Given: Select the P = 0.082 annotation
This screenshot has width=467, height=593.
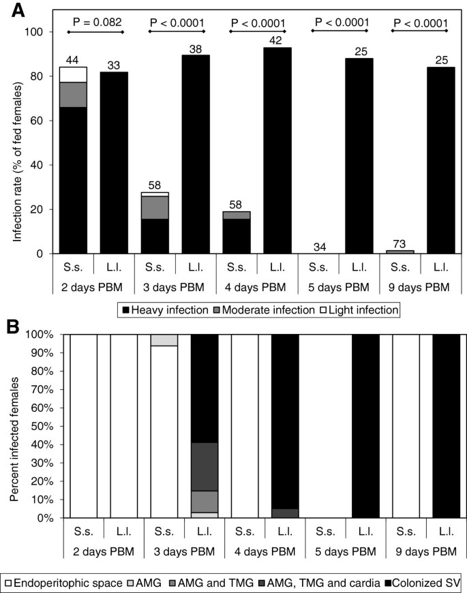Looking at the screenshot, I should coord(95,22).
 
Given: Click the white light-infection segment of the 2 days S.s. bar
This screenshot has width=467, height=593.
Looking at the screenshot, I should coord(74,74).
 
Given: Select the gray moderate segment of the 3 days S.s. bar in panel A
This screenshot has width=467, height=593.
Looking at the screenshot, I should coord(155,208).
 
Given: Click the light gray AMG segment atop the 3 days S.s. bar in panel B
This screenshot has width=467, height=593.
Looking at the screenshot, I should coord(164,340).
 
